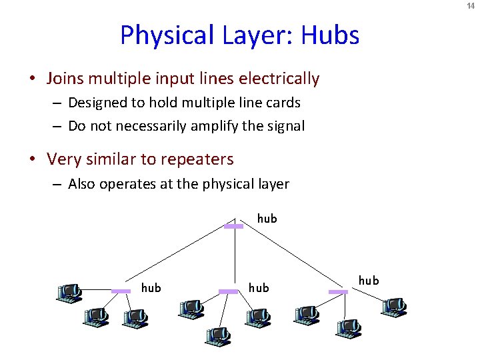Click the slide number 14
click(x=471, y=6)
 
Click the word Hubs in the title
click(x=330, y=35)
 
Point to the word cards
click(x=283, y=103)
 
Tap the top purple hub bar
click(x=233, y=227)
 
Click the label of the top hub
click(x=267, y=218)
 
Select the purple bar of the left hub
click(x=121, y=291)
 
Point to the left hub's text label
click(x=151, y=287)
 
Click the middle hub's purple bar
click(x=229, y=291)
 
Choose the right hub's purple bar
click(x=339, y=291)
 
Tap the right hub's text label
click(x=369, y=281)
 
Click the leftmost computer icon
click(x=69, y=293)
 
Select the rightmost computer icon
click(x=394, y=306)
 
